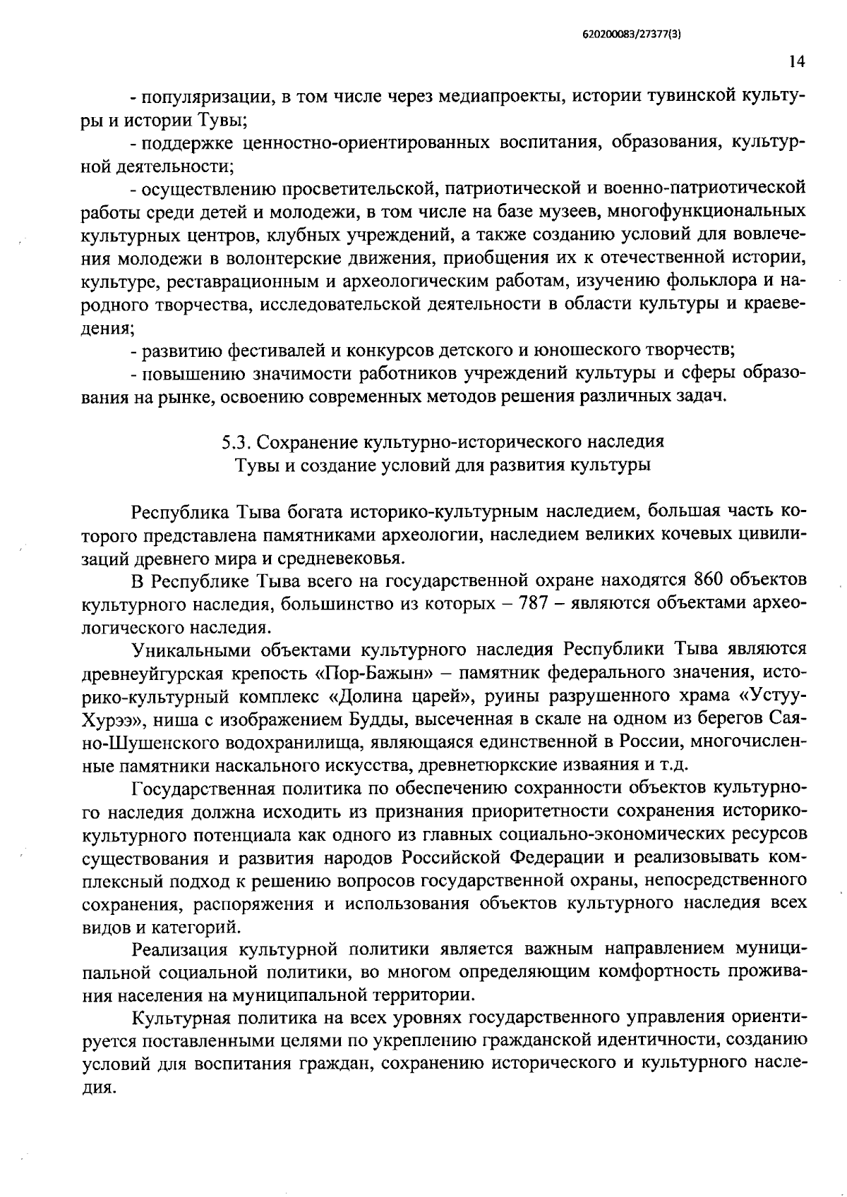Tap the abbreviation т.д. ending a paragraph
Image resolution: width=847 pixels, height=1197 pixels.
click(x=673, y=765)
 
